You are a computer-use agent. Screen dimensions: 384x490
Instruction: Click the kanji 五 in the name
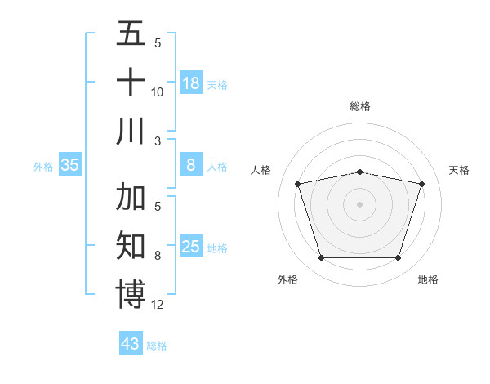[131, 34]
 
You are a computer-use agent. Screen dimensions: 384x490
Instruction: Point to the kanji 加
[131, 198]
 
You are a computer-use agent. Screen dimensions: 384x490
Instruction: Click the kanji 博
[131, 294]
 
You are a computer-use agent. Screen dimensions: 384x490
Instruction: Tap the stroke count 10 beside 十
[158, 92]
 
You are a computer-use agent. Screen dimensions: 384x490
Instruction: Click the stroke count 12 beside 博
[158, 305]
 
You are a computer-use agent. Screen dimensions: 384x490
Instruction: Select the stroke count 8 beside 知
[158, 256]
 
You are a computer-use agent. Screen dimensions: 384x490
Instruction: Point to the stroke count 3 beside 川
[158, 141]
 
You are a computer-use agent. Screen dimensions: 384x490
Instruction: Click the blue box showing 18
[191, 83]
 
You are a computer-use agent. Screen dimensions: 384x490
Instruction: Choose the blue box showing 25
[191, 247]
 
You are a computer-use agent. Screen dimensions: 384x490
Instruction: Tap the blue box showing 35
[70, 165]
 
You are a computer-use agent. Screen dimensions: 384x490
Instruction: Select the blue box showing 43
[131, 344]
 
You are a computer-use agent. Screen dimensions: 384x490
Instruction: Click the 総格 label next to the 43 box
[157, 346]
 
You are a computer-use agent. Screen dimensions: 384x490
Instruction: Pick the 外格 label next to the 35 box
[43, 167]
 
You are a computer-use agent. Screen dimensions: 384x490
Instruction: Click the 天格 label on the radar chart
[460, 170]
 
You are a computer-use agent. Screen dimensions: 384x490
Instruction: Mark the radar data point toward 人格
[298, 184]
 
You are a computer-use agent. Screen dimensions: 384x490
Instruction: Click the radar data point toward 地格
[398, 258]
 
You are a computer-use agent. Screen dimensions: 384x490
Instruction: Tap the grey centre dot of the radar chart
[360, 203]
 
